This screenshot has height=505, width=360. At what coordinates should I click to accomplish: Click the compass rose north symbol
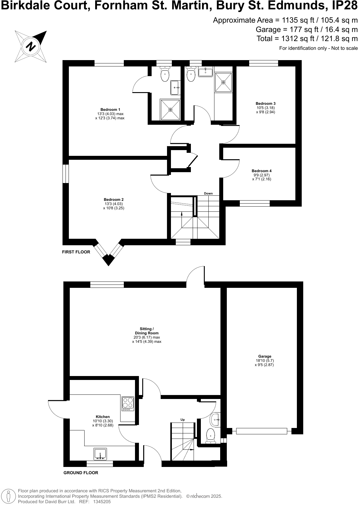tap(31, 46)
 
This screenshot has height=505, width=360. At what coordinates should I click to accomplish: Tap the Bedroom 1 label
tap(110, 110)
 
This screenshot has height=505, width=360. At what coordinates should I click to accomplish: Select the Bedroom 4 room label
tap(262, 171)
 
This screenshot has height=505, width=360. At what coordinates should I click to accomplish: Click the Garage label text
tap(265, 356)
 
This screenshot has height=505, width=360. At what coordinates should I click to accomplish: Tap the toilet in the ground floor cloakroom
tap(210, 436)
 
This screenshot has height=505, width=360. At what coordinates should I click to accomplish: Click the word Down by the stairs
tap(208, 194)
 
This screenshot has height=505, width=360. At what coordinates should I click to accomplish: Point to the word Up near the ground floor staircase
tap(182, 420)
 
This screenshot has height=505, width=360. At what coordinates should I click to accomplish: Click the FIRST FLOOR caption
tap(76, 252)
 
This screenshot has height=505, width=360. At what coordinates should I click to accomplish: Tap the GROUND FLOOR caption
tap(81, 473)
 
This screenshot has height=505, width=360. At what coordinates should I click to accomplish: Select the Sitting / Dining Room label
tap(147, 331)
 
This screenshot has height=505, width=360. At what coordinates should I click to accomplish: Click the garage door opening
tap(262, 431)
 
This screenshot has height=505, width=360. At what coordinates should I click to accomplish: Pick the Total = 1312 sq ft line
tap(307, 39)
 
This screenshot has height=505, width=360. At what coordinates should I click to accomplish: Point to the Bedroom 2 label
tap(114, 200)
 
